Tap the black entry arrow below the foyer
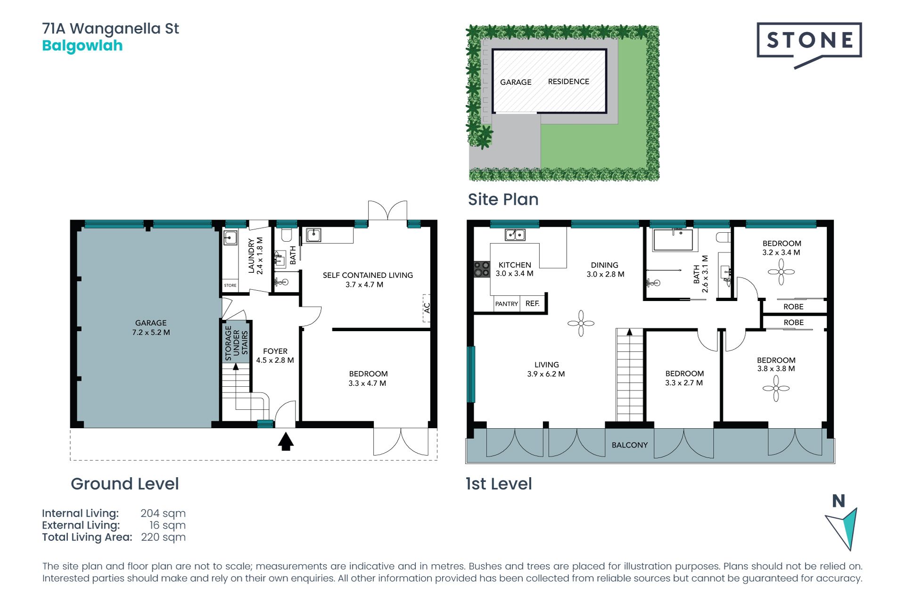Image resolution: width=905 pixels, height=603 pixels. tap(286, 441)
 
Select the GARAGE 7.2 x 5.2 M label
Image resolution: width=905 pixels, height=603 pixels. tap(151, 327)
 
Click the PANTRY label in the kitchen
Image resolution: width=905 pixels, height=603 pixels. tap(507, 304)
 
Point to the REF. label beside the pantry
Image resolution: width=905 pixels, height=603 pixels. tap(533, 303)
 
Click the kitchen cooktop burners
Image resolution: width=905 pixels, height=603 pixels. tap(482, 269)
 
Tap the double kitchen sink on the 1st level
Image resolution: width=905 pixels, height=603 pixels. tap(515, 234)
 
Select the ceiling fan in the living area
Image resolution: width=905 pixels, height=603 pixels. tap(581, 323)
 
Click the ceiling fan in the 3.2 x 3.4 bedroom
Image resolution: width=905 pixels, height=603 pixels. tap(781, 272)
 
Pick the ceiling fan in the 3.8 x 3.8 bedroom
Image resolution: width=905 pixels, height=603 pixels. tap(776, 388)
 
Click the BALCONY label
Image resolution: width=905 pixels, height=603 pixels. tap(630, 445)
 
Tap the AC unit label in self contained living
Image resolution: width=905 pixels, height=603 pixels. tap(427, 308)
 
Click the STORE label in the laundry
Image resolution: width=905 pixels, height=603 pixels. tap(230, 285)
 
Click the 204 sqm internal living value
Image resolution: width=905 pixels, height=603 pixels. tap(163, 513)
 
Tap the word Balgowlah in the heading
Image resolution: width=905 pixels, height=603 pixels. tap(82, 46)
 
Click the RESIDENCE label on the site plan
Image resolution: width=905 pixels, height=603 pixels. tap(568, 81)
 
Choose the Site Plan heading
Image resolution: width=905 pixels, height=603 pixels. tap(503, 199)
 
